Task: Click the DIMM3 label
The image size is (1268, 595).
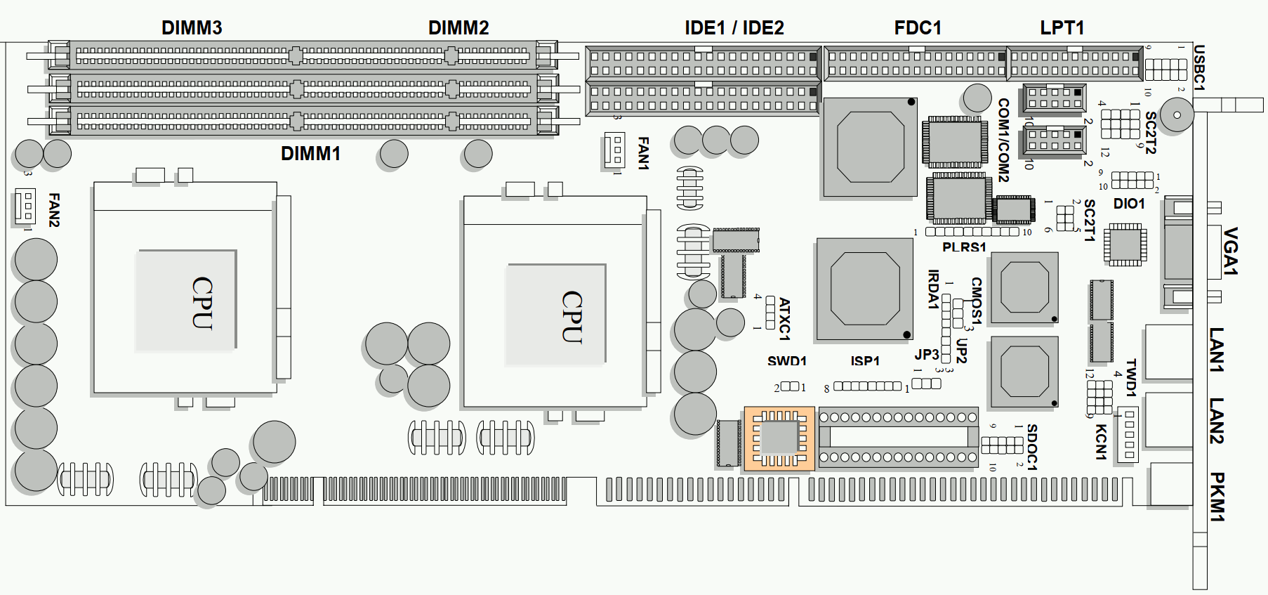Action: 192,27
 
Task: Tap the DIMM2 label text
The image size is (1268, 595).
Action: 458,27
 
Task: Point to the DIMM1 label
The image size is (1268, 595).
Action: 310,154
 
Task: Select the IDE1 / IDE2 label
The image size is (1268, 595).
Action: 734,27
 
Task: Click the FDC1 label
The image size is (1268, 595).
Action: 918,27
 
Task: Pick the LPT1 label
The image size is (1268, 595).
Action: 1062,27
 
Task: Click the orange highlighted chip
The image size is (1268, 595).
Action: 779,438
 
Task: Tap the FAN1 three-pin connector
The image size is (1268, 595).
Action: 614,150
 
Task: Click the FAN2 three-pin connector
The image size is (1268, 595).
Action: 25,207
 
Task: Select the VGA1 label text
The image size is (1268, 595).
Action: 1230,251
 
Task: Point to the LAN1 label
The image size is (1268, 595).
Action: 1217,349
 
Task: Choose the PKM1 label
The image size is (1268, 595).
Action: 1217,497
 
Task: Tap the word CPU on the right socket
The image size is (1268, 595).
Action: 572,316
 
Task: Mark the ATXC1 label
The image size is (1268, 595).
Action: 784,318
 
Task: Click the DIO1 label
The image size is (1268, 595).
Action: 1129,204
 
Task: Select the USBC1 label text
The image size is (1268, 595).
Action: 1199,68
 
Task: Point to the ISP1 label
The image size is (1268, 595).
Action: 865,361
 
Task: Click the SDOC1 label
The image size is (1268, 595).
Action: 1031,447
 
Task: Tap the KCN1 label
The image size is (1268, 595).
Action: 1101,442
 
